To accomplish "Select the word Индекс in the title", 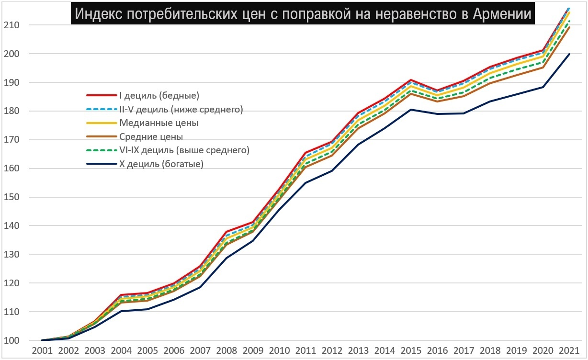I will pyautogui.click(x=98, y=14).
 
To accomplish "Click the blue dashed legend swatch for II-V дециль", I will pyautogui.click(x=102, y=109).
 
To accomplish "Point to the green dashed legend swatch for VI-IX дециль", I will pyautogui.click(x=102, y=150).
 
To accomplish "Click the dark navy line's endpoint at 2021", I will pyautogui.click(x=569, y=54).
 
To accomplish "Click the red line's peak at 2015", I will pyautogui.click(x=411, y=80).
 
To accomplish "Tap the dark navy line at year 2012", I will pyautogui.click(x=331, y=171).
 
